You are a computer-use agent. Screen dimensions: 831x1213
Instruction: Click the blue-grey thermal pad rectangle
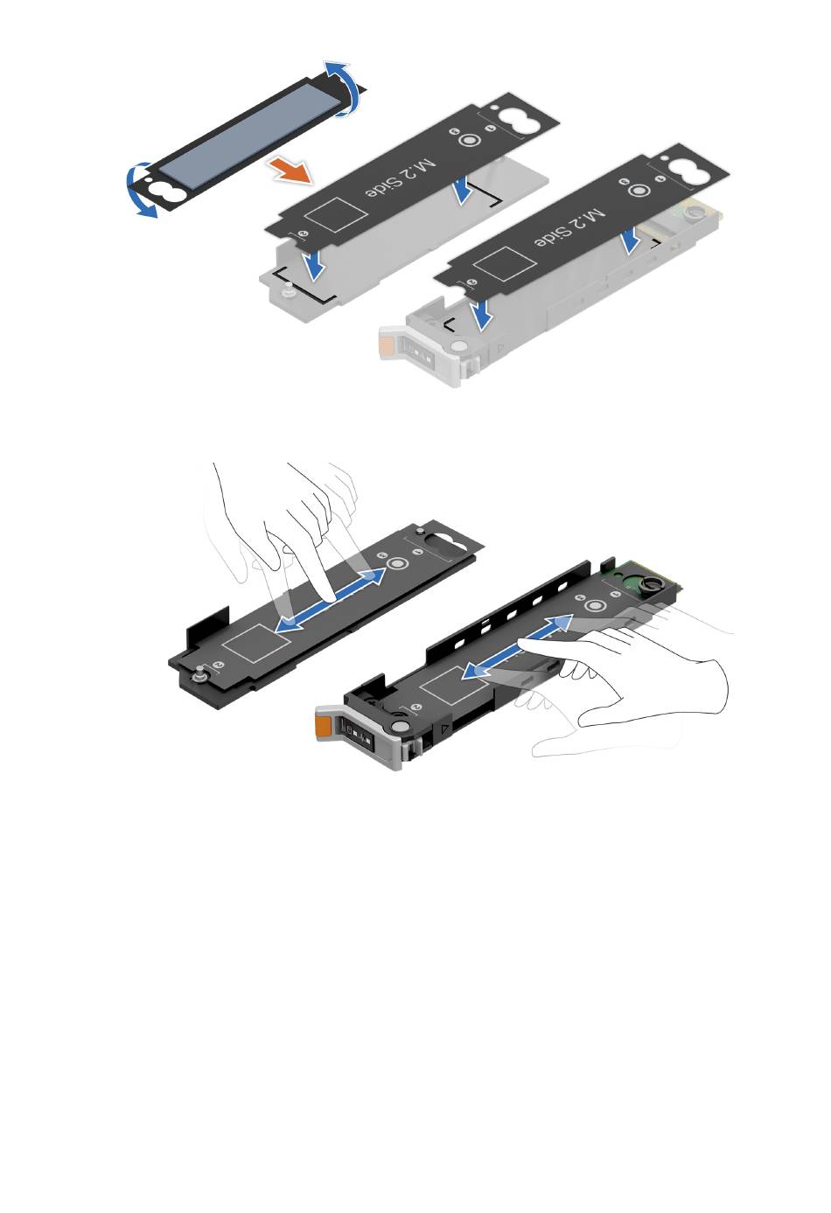tap(252, 136)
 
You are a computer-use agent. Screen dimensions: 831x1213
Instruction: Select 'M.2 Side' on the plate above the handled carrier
tap(569, 228)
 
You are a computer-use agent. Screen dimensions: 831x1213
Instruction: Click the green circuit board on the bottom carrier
tap(642, 577)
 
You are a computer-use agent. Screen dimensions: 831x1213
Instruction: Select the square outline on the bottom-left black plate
tap(257, 644)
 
